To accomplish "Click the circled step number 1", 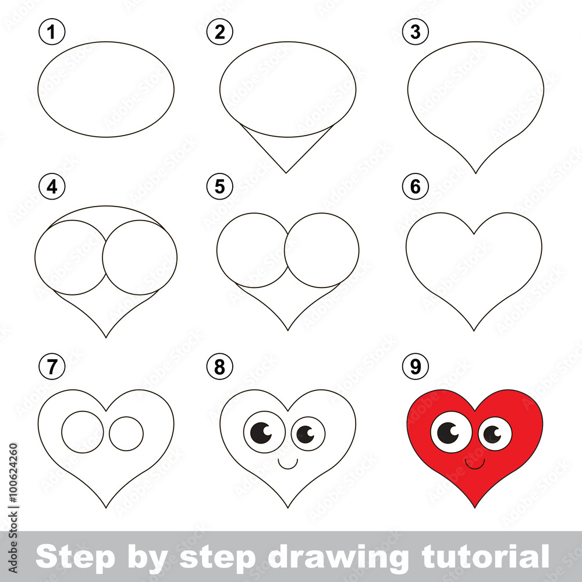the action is pos(52,32).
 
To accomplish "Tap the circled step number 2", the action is pos(220,32).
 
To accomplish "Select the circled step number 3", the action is pos(416,32).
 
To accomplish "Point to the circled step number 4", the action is pos(52,186).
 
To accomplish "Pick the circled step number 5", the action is pos(220,186).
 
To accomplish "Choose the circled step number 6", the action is pos(416,186).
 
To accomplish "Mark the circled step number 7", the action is pos(52,366).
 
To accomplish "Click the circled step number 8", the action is pos(220,366).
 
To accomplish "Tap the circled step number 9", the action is pos(416,366).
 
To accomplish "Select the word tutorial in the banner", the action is pos(485,556).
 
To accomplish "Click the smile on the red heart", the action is pos(475,464).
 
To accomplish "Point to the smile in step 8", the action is pos(288,464).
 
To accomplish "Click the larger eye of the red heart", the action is pos(451,432).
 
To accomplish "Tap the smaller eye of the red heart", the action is pos(495,434).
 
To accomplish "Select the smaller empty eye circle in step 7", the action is pos(126,434).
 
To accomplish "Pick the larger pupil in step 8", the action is pos(261,433).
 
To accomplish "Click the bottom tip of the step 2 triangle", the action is pos(286,173).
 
